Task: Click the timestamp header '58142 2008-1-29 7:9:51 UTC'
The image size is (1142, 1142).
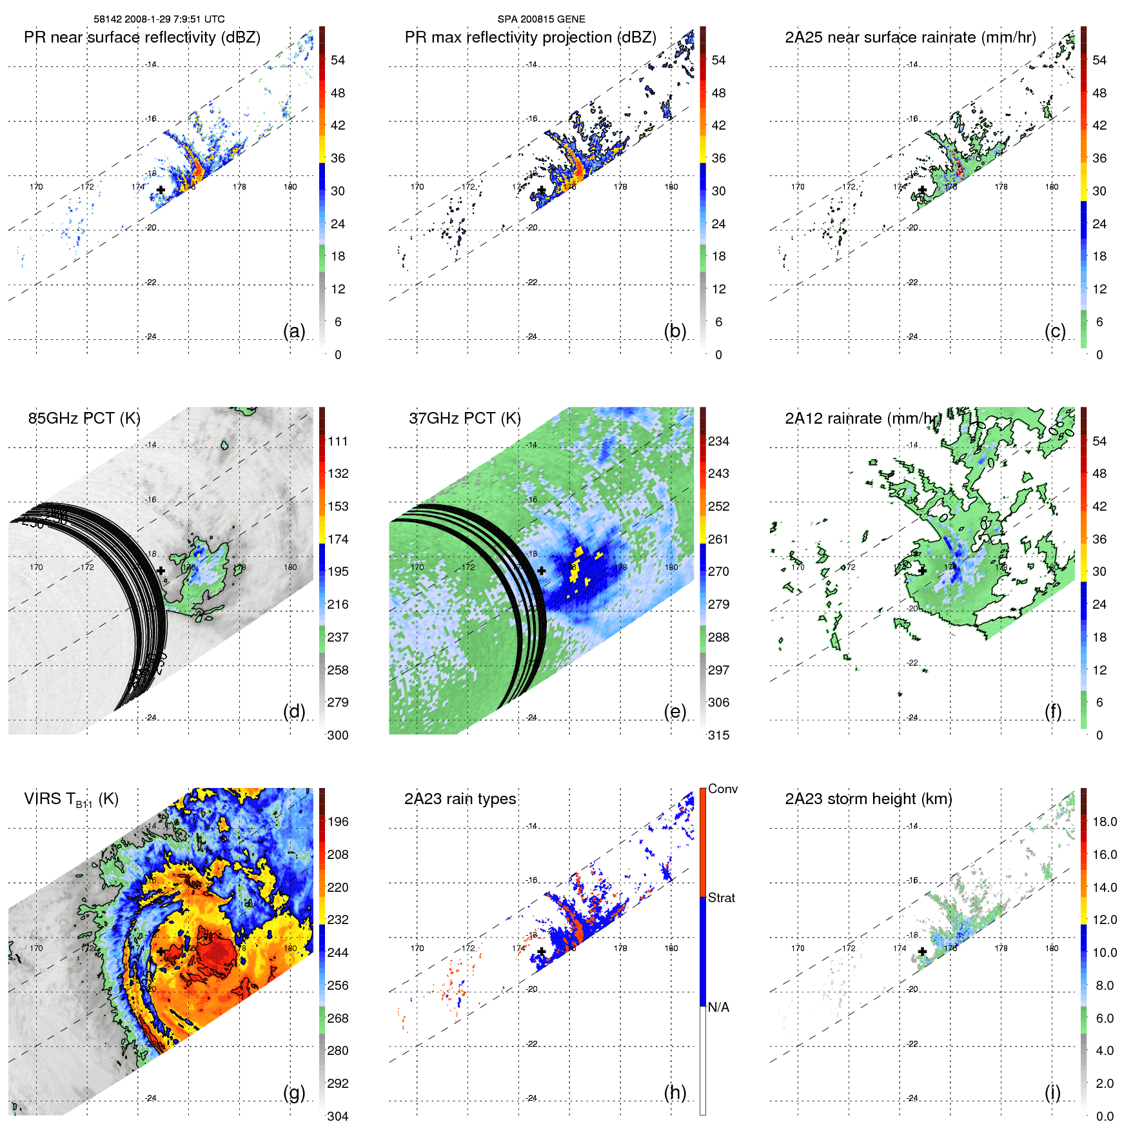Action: (159, 19)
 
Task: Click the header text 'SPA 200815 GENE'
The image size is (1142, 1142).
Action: (541, 19)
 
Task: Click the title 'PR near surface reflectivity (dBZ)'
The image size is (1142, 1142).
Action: (142, 37)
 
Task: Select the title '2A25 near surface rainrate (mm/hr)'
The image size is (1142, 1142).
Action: (910, 37)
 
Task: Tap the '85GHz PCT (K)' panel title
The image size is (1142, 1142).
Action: (84, 418)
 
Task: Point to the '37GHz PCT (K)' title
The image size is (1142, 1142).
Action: (464, 418)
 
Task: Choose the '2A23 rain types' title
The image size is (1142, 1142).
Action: (460, 799)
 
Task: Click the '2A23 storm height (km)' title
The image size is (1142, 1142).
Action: (868, 799)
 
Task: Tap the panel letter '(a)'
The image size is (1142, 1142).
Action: (294, 331)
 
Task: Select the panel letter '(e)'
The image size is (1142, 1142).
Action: (674, 711)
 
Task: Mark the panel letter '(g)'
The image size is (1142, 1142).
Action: (294, 1092)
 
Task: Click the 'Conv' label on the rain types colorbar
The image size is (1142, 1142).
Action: (722, 789)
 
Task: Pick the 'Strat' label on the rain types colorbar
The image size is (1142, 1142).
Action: (721, 898)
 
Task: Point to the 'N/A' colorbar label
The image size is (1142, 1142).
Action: (718, 1007)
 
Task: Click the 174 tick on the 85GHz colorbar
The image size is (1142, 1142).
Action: (338, 539)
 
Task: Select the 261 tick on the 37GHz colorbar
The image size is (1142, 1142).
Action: (718, 539)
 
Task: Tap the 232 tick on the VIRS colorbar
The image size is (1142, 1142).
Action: (338, 920)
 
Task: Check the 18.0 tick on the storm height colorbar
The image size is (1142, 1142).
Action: (1104, 822)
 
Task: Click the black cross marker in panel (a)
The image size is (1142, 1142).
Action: (161, 190)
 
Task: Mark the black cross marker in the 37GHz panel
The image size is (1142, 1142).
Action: (542, 571)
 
